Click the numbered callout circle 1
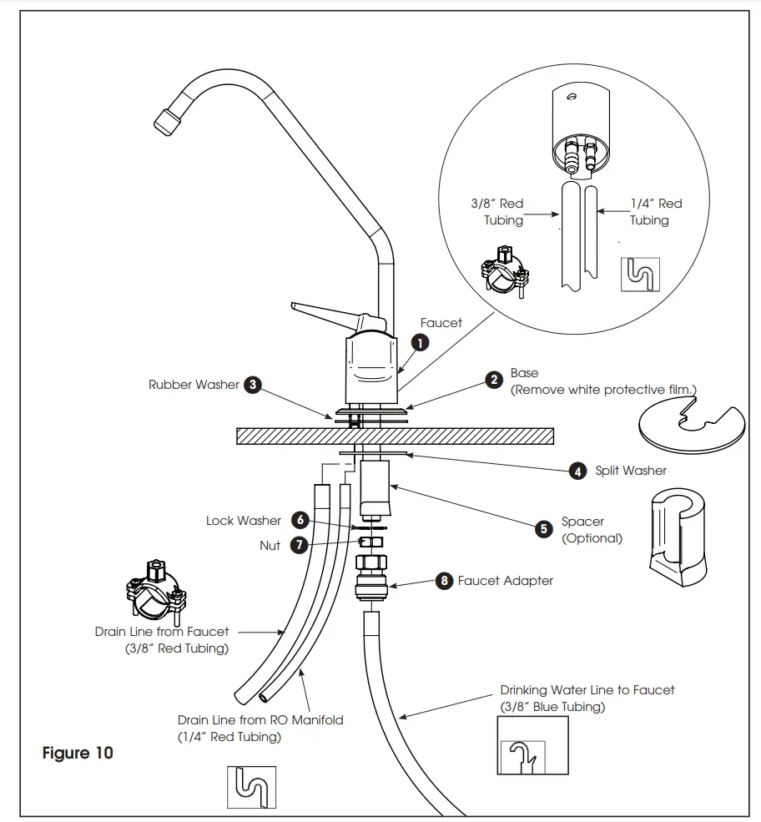421,342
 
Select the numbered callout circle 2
495,381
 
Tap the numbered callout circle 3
253,385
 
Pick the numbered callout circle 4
578,471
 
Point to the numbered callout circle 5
544,529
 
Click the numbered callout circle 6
300,520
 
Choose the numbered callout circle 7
298,545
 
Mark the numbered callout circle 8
443,581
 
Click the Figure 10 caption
78,753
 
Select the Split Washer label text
631,471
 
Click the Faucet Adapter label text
506,581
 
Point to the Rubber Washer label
194,385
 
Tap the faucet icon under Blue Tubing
522,756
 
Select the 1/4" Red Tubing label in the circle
656,212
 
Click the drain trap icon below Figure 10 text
251,787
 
